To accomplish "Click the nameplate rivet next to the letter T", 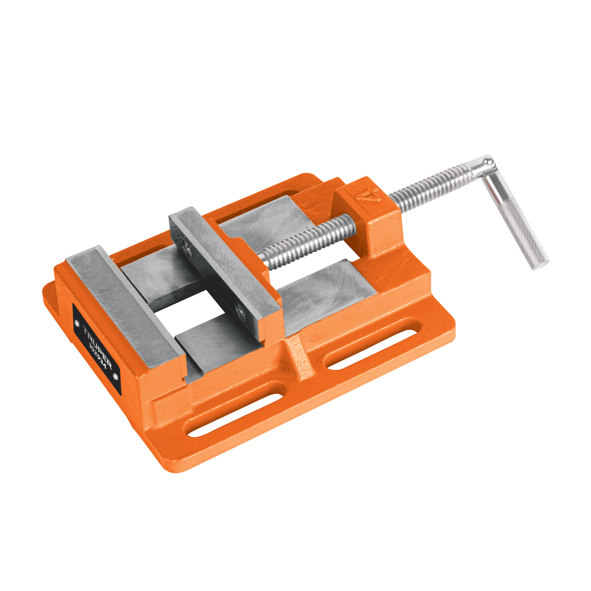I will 77,323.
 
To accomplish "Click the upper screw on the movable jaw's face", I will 187,249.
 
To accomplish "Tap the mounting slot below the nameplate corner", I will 235,416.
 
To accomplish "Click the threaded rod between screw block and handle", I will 430,187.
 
